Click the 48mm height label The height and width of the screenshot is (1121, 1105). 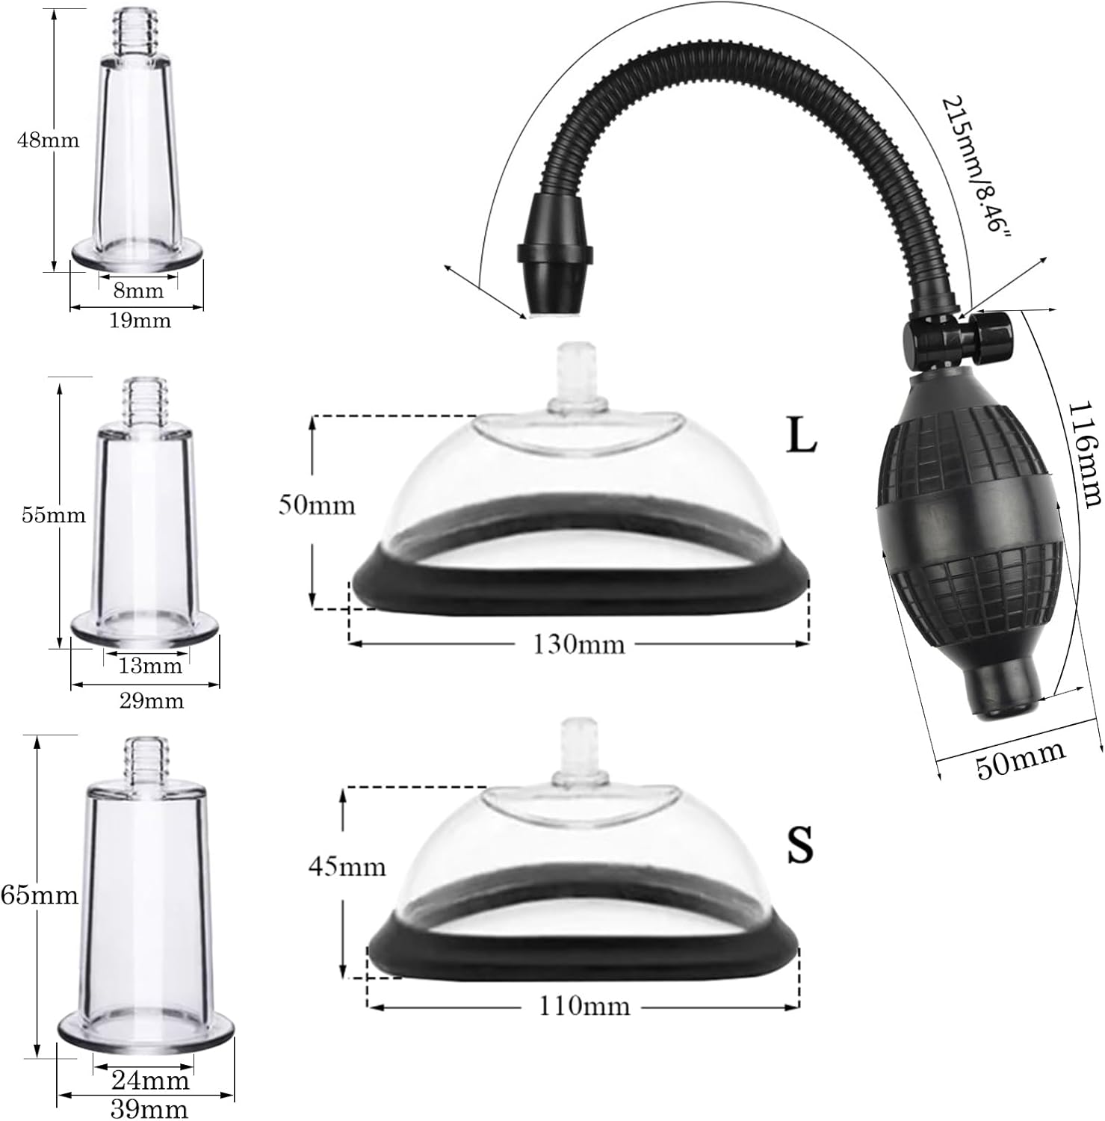(48, 140)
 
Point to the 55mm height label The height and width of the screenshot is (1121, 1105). (53, 516)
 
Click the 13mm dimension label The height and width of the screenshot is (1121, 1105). (150, 665)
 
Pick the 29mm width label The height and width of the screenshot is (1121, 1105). (151, 701)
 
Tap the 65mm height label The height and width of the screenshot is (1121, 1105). (40, 895)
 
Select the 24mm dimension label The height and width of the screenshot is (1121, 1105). (150, 1081)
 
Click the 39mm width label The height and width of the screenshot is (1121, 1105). (149, 1110)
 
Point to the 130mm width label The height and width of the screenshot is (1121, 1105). (578, 644)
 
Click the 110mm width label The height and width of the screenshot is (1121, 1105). (584, 1007)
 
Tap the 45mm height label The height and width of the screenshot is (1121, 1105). (347, 866)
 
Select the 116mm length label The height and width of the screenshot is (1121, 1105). (1086, 454)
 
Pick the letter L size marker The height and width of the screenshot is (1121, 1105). (802, 438)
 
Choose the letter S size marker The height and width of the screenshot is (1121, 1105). (799, 844)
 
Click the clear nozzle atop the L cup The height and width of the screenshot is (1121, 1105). (572, 378)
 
